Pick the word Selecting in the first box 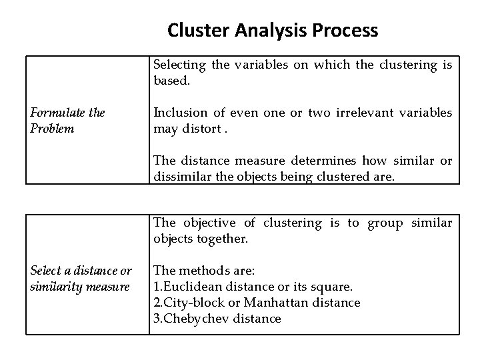(180, 65)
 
